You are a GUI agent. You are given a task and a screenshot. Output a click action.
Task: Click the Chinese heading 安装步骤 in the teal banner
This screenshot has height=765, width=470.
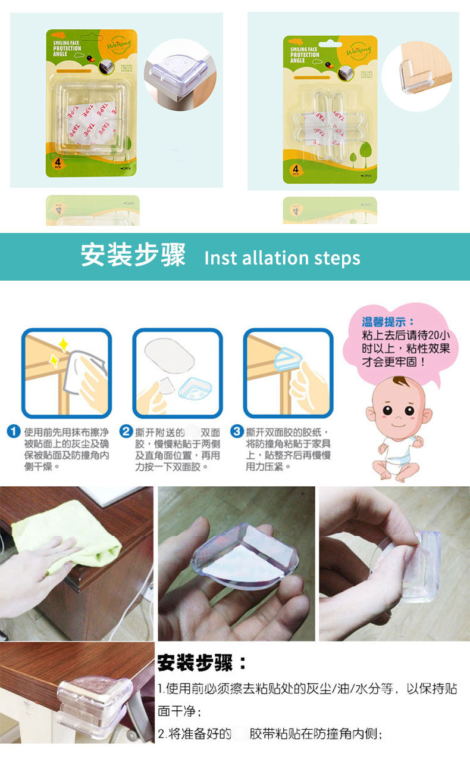pyautogui.click(x=133, y=256)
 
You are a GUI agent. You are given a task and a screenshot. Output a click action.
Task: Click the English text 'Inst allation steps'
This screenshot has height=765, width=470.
pyautogui.click(x=282, y=258)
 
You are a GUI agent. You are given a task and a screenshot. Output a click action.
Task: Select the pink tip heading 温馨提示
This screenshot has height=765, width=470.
pyautogui.click(x=388, y=322)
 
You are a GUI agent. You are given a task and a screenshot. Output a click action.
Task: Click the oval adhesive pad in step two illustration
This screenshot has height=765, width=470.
pyautogui.click(x=170, y=356)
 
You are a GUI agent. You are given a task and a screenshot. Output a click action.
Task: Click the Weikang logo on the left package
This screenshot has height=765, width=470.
pyautogui.click(x=117, y=45)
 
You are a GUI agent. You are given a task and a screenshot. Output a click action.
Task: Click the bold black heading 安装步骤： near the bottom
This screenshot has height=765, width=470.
pyautogui.click(x=202, y=663)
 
